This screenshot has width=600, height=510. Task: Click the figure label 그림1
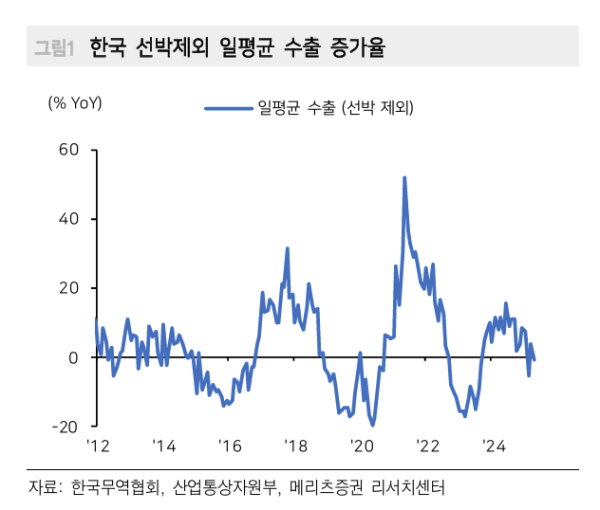click(x=54, y=47)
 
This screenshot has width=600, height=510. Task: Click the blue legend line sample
click(x=228, y=107)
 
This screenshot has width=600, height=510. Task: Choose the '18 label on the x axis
click(x=295, y=445)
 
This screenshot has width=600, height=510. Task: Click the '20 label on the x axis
click(x=362, y=445)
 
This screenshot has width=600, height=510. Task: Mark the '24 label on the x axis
click(x=494, y=445)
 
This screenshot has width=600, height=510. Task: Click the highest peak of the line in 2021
click(x=404, y=178)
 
